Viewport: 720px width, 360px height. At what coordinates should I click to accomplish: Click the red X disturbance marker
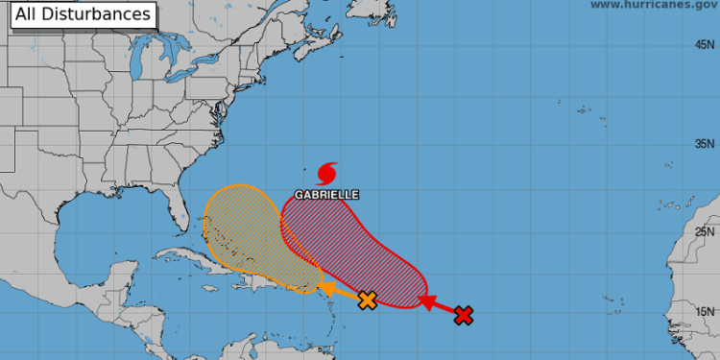(x=464, y=315)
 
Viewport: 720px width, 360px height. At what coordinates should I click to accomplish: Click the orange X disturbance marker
(x=366, y=300)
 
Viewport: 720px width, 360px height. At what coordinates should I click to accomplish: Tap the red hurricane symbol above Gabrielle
(x=326, y=173)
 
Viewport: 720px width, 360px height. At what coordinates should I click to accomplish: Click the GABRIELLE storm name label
(x=326, y=194)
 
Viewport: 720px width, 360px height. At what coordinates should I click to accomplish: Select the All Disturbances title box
(x=83, y=14)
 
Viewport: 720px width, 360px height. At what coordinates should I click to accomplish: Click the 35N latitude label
(x=706, y=144)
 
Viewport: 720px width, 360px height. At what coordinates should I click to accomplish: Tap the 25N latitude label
(x=706, y=231)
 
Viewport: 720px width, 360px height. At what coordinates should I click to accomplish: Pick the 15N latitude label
(x=706, y=311)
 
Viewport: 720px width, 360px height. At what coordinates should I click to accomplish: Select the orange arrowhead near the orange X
(x=328, y=287)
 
